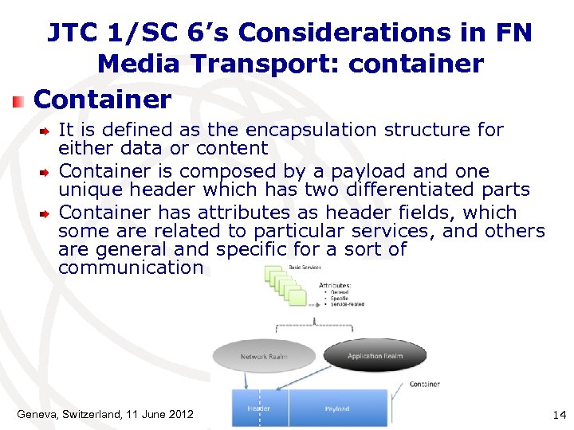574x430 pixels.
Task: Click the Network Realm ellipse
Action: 264,356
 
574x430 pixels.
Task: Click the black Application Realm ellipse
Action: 375,355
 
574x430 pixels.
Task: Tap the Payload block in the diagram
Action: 337,408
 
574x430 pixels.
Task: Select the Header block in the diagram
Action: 259,408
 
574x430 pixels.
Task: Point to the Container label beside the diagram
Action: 424,384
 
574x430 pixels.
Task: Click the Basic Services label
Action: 306,267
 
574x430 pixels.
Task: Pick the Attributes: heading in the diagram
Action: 336,284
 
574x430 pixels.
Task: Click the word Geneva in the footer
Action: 41,413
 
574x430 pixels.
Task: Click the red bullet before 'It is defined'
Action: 46,130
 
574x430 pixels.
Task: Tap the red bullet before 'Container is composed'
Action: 46,171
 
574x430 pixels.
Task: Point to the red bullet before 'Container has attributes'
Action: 46,213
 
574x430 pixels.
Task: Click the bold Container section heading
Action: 103,100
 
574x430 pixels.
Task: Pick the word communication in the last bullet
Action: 132,268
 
